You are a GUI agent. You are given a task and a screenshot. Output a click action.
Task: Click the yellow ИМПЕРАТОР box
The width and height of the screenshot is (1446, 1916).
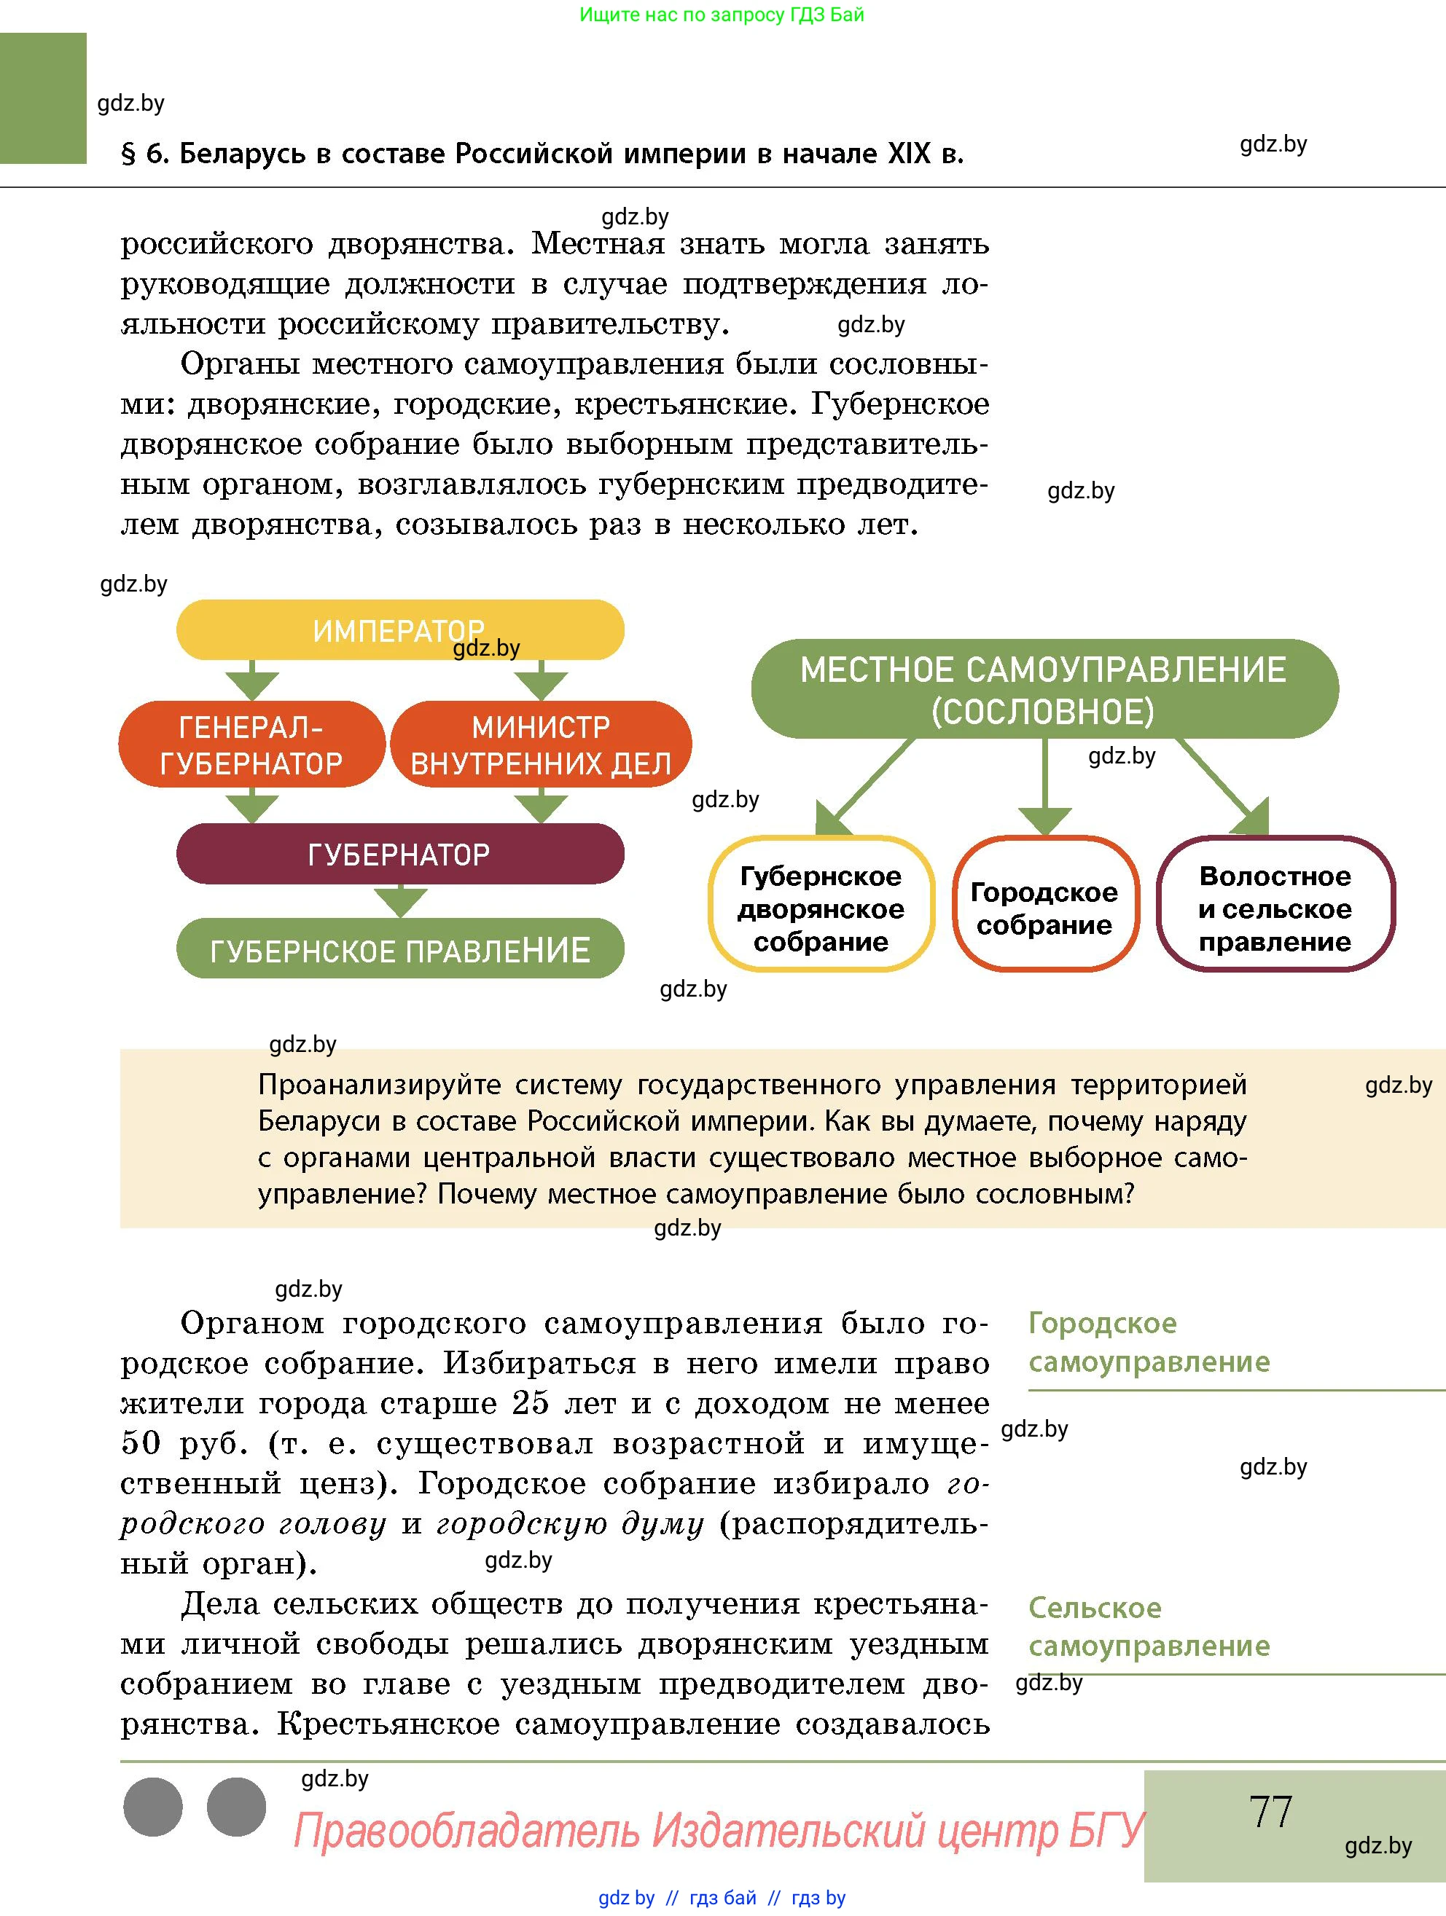click(x=399, y=629)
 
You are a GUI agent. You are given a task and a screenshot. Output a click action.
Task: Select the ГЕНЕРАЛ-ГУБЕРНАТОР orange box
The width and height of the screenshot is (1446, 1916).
click(x=251, y=745)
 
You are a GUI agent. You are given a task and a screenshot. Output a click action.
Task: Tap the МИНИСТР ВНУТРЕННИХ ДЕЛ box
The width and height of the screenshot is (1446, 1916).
click(x=541, y=745)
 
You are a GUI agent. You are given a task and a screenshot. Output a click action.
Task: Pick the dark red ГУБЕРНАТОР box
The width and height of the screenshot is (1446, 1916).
click(x=399, y=854)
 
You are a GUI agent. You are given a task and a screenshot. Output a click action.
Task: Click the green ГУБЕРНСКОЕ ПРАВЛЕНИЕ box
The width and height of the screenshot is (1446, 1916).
click(x=399, y=950)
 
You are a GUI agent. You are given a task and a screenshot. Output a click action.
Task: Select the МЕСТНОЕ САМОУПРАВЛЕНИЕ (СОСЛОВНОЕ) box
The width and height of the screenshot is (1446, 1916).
click(x=1043, y=689)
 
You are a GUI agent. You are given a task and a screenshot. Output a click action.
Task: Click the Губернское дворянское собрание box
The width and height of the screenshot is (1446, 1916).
click(x=821, y=908)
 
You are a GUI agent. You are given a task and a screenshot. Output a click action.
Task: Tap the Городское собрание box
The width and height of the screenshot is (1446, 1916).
click(x=1044, y=908)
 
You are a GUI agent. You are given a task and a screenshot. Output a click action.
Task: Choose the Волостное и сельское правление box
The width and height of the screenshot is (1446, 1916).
click(x=1275, y=908)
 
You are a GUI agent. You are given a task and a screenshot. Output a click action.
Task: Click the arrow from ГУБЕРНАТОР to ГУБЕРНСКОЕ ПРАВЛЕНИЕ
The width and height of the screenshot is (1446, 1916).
click(x=399, y=901)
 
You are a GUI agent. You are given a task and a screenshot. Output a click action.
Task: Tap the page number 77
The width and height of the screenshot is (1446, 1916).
click(x=1270, y=1810)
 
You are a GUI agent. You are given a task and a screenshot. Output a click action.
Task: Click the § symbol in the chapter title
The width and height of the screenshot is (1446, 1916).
click(x=129, y=154)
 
